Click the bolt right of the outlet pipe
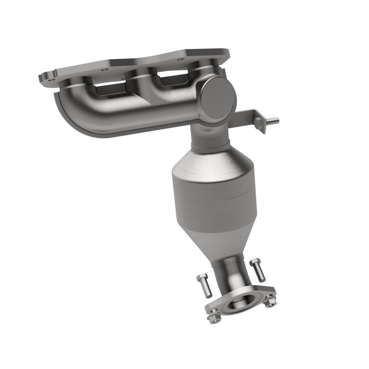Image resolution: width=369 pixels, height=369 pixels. click(x=257, y=270)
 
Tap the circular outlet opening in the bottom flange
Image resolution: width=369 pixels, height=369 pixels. click(x=240, y=304)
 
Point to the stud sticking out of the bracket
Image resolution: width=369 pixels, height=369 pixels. click(x=274, y=121)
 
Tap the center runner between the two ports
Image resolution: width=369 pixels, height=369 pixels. click(x=138, y=85)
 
